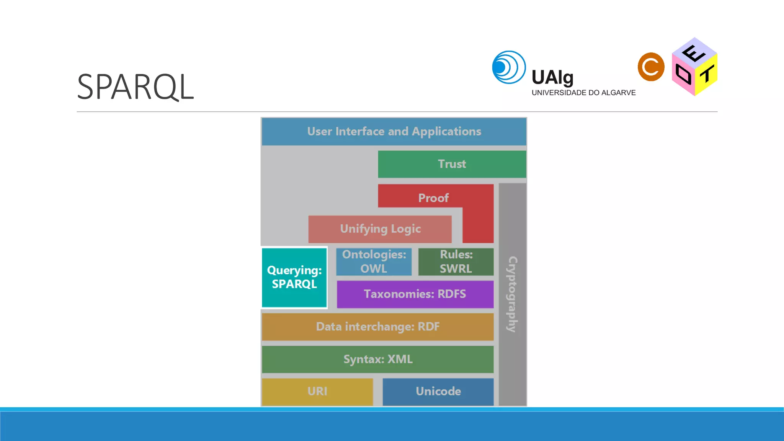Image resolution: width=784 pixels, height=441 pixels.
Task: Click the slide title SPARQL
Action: click(136, 87)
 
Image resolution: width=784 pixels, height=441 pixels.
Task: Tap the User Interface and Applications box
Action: click(394, 132)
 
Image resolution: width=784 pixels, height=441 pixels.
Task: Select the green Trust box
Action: click(452, 164)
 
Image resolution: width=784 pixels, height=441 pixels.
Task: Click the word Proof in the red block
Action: click(433, 198)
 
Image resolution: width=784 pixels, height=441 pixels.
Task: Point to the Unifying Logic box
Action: click(380, 229)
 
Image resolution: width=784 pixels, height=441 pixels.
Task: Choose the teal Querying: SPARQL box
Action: click(294, 278)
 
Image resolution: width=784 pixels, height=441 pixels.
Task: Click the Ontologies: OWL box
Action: click(374, 261)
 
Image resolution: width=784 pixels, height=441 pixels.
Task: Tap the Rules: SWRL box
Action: click(456, 261)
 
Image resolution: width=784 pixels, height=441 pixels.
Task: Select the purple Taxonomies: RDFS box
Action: click(415, 294)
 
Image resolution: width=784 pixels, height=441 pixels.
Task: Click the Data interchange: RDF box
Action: click(377, 327)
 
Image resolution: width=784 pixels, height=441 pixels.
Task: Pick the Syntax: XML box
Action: click(377, 359)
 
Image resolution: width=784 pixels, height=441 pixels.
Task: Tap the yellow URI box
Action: click(317, 391)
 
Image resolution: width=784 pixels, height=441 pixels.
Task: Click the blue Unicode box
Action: click(438, 391)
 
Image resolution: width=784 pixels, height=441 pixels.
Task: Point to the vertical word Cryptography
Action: click(513, 294)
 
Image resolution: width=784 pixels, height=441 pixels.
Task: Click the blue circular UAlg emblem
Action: click(509, 67)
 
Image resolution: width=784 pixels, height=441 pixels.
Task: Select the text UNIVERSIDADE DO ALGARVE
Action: click(583, 93)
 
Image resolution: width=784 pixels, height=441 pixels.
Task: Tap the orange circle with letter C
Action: click(651, 67)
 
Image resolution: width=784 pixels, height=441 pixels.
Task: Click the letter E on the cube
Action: click(693, 54)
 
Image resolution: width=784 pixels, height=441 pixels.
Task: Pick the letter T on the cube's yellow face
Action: click(707, 74)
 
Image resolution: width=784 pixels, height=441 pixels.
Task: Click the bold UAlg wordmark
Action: click(552, 78)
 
